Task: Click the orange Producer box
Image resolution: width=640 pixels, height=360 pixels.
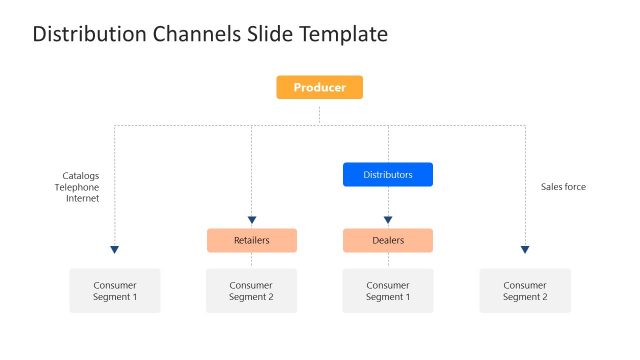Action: tap(319, 88)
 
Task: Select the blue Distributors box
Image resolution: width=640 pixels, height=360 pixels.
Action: tap(387, 175)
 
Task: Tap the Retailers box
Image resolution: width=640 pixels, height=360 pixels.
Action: tap(251, 240)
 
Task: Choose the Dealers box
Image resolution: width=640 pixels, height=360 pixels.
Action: tap(387, 240)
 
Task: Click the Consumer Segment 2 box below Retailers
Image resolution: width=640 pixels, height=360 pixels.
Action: tap(251, 291)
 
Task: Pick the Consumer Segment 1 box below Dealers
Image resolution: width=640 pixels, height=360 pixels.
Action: tap(387, 291)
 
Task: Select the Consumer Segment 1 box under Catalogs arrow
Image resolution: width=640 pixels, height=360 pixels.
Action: tap(115, 291)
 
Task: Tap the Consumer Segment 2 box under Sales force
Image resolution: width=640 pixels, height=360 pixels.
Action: tap(524, 291)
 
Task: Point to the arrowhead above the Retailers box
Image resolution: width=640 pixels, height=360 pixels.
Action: tap(251, 220)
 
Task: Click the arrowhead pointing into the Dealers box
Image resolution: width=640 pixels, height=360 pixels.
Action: tap(387, 220)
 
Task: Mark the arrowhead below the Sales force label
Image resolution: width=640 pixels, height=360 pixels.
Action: tap(524, 249)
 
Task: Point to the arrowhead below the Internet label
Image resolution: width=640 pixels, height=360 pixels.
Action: tap(115, 249)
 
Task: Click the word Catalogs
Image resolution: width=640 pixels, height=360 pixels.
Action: tap(80, 176)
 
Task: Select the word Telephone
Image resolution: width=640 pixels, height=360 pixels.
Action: tap(77, 187)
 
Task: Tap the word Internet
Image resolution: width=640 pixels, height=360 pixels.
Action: tap(82, 198)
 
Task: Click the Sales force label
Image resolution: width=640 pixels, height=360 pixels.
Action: tap(563, 187)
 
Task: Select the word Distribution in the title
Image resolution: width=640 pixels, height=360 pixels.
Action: tap(88, 34)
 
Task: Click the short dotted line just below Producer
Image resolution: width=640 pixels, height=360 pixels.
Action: tap(319, 112)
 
